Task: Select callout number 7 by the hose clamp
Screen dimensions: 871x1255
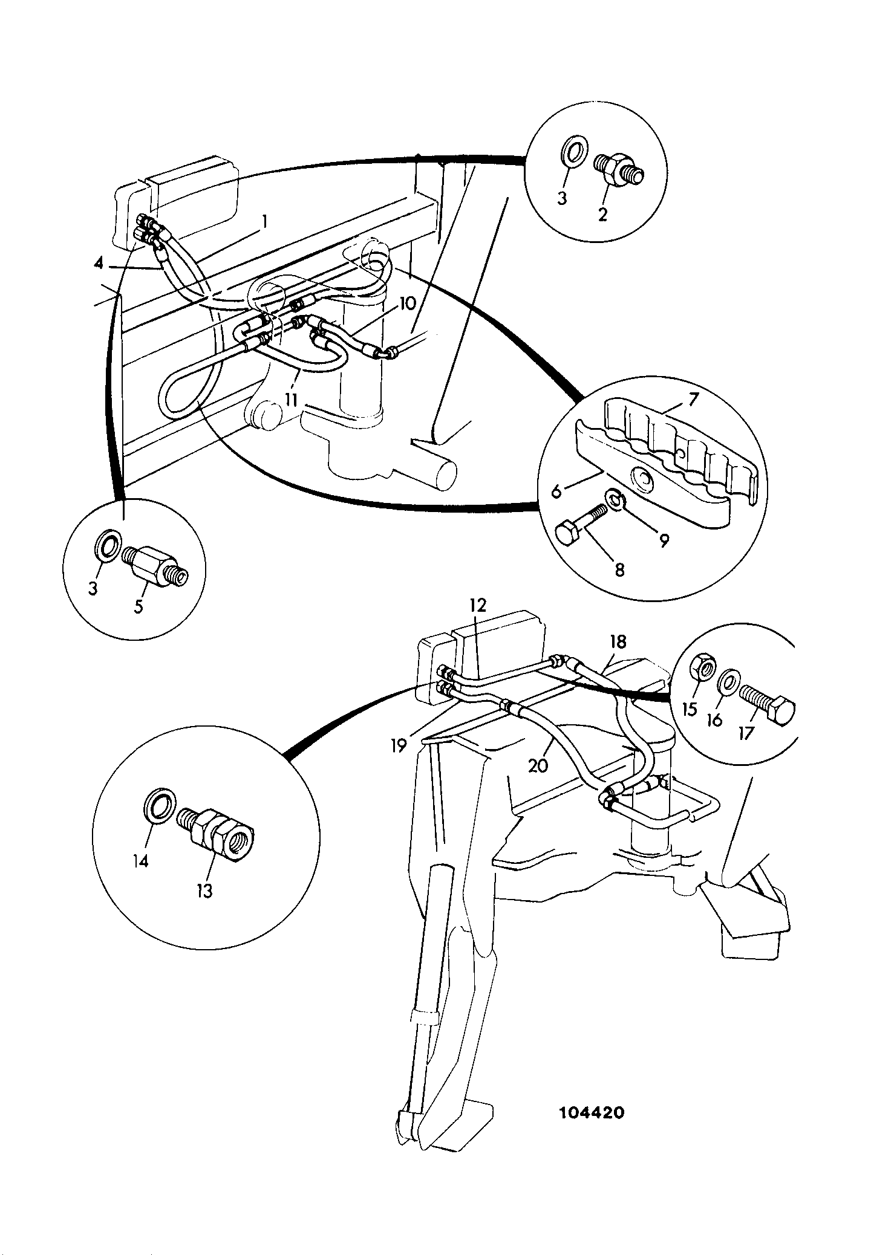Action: (x=693, y=399)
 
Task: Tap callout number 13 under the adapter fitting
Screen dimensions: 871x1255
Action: (x=205, y=890)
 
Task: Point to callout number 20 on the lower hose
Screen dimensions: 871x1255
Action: (x=538, y=765)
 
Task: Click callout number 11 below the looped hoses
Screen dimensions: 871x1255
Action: (x=292, y=399)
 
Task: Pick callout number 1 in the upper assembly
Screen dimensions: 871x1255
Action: (x=264, y=223)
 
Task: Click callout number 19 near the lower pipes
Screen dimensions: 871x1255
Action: (x=398, y=747)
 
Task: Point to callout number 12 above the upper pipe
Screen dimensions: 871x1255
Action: (x=478, y=605)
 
